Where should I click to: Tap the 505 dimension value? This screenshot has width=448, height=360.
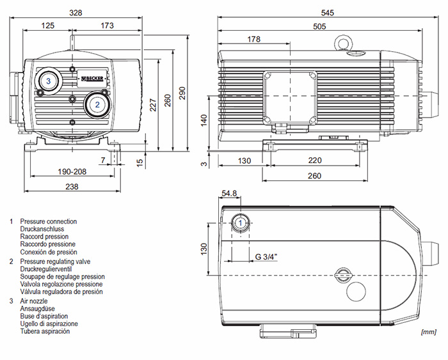coord(318,26)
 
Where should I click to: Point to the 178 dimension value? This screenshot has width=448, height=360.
coord(253,40)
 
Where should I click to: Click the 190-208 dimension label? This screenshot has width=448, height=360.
coord(72,172)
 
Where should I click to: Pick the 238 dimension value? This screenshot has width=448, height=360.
coord(72,187)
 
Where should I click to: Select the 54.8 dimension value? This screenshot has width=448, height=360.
coord(229,193)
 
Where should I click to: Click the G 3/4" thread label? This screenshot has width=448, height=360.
coord(266,256)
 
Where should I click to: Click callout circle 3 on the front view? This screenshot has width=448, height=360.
coord(48,80)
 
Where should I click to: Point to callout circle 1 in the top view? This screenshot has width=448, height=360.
coord(241,223)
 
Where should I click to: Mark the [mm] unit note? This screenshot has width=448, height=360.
coord(428,332)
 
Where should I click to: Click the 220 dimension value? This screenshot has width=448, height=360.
coord(313,160)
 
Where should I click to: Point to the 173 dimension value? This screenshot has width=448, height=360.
coord(107,26)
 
